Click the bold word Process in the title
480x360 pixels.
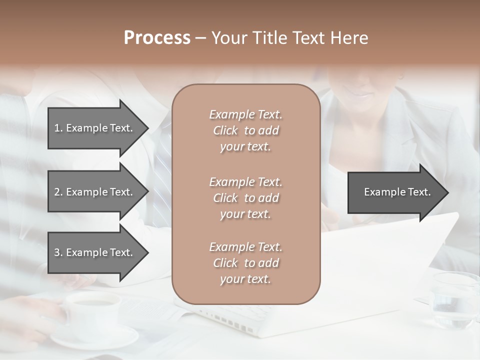click(157, 38)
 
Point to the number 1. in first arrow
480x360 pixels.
click(58, 128)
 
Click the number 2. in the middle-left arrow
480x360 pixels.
click(58, 192)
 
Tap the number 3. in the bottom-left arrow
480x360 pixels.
click(58, 252)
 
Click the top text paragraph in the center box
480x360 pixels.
click(245, 130)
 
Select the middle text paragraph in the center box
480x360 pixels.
click(245, 198)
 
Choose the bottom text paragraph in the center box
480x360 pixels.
click(245, 263)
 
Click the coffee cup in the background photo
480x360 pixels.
click(92, 310)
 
